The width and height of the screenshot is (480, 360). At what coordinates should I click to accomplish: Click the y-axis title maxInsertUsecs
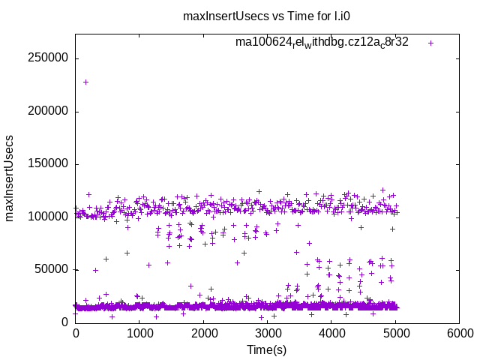tap(10, 178)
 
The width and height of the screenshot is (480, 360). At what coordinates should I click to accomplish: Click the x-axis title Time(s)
tap(267, 349)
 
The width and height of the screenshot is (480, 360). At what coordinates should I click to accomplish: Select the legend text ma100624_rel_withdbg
tap(322, 43)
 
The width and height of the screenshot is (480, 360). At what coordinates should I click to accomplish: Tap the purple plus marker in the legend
tap(430, 43)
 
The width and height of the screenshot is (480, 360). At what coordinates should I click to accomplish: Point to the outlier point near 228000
tap(85, 82)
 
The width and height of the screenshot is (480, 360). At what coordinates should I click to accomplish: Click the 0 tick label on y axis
tap(65, 322)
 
